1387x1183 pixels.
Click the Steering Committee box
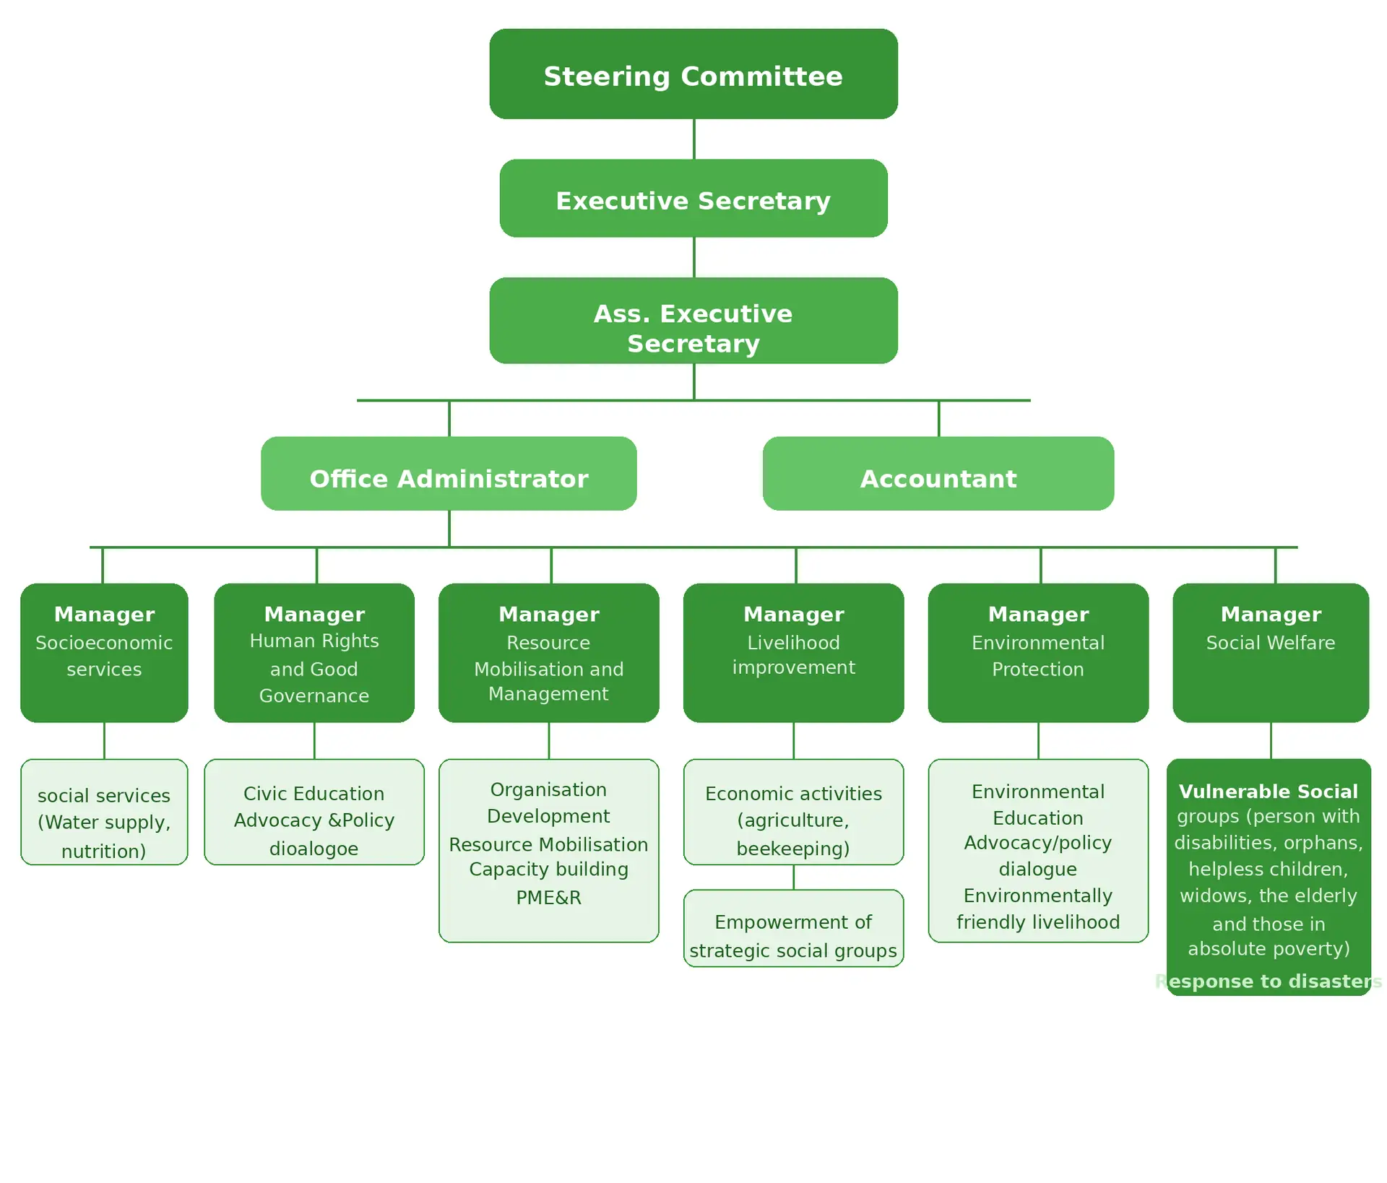(x=693, y=74)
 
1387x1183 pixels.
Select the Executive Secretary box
(x=693, y=199)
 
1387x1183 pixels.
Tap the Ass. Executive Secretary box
(x=693, y=321)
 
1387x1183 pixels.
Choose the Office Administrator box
(x=449, y=474)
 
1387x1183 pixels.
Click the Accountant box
(x=938, y=474)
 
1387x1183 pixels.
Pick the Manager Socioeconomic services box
(x=104, y=652)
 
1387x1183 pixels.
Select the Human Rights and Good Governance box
(x=314, y=652)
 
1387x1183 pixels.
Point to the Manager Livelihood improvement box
(x=793, y=652)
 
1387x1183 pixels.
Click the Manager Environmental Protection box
(x=1038, y=652)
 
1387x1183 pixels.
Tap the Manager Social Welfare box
(x=1271, y=652)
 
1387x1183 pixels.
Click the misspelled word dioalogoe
(x=314, y=849)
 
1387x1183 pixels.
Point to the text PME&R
(x=548, y=898)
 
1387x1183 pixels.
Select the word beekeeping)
(x=793, y=849)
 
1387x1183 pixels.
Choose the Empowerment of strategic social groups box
(x=793, y=928)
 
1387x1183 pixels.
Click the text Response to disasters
(x=1269, y=981)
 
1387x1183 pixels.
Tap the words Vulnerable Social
(x=1269, y=792)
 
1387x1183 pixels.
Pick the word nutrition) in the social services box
(x=104, y=851)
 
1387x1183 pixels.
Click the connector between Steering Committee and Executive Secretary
(x=694, y=139)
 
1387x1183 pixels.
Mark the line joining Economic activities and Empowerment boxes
(x=794, y=877)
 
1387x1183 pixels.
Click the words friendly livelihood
(x=1038, y=922)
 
